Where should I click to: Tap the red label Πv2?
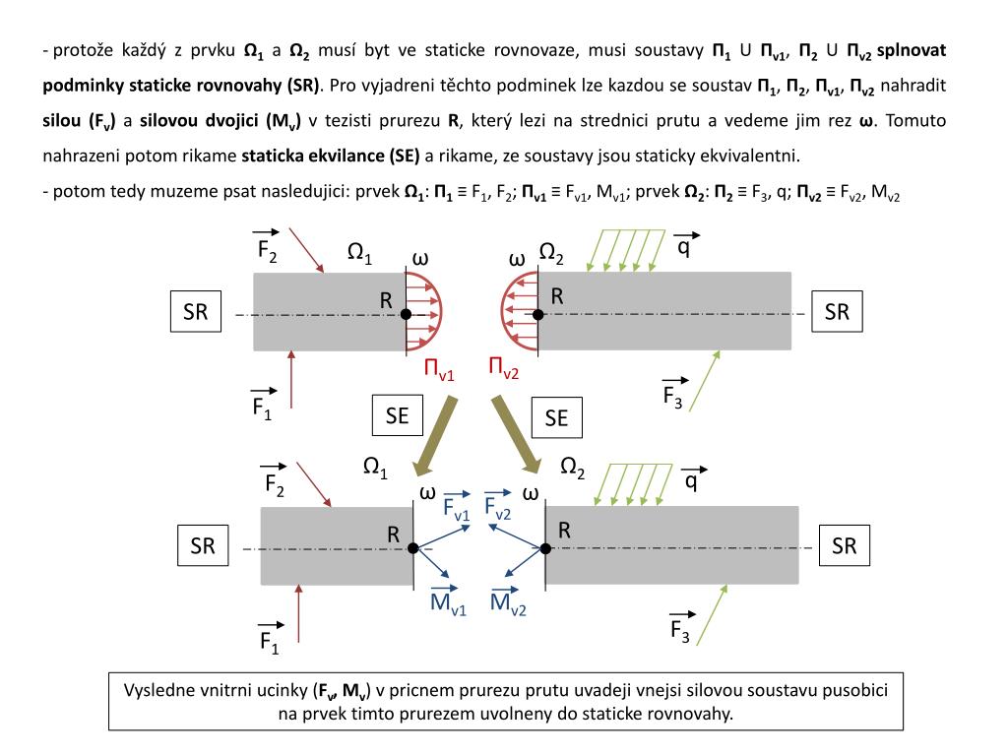click(503, 369)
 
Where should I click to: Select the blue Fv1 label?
click(457, 508)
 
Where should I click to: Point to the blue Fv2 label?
click(497, 508)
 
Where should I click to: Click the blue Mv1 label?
click(448, 601)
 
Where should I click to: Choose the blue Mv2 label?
click(508, 602)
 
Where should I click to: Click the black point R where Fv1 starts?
click(413, 548)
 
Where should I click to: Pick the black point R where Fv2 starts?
click(544, 548)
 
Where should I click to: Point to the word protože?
click(83, 49)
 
